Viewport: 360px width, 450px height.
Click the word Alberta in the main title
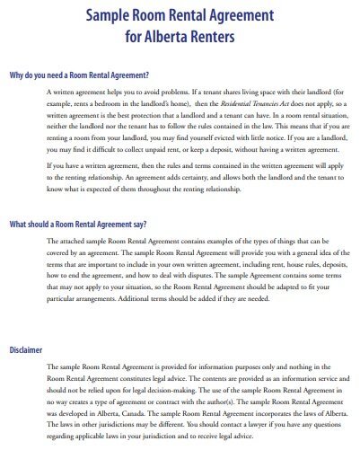click(x=176, y=37)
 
